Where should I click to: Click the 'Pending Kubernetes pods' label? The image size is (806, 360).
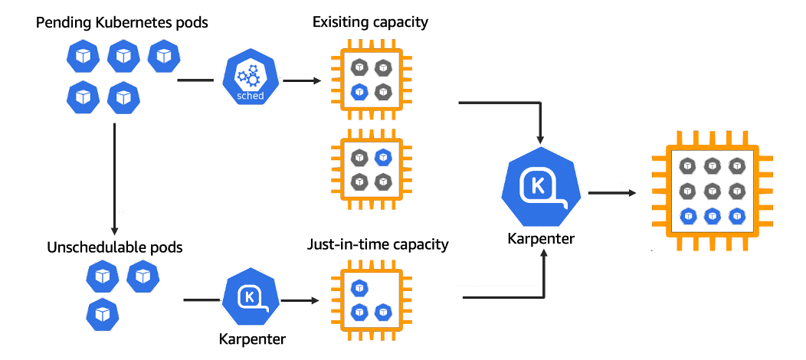click(122, 22)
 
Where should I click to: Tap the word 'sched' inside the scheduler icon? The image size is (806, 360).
click(251, 96)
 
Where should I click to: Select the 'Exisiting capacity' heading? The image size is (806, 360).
click(370, 22)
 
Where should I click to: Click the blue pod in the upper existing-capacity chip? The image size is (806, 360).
click(358, 93)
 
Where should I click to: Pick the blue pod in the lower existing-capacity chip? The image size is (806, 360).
click(383, 157)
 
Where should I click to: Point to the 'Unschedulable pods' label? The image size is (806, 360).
click(115, 247)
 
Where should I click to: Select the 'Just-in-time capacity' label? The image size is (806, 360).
click(378, 245)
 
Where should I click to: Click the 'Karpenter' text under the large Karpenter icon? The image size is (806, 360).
click(541, 239)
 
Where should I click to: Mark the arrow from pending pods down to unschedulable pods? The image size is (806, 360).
click(114, 176)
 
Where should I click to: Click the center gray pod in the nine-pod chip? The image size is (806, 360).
click(713, 189)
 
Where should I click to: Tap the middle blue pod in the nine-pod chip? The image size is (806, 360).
click(713, 215)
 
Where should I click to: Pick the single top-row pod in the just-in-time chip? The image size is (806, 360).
click(358, 288)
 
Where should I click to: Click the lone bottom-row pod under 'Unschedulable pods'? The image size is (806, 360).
click(102, 313)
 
